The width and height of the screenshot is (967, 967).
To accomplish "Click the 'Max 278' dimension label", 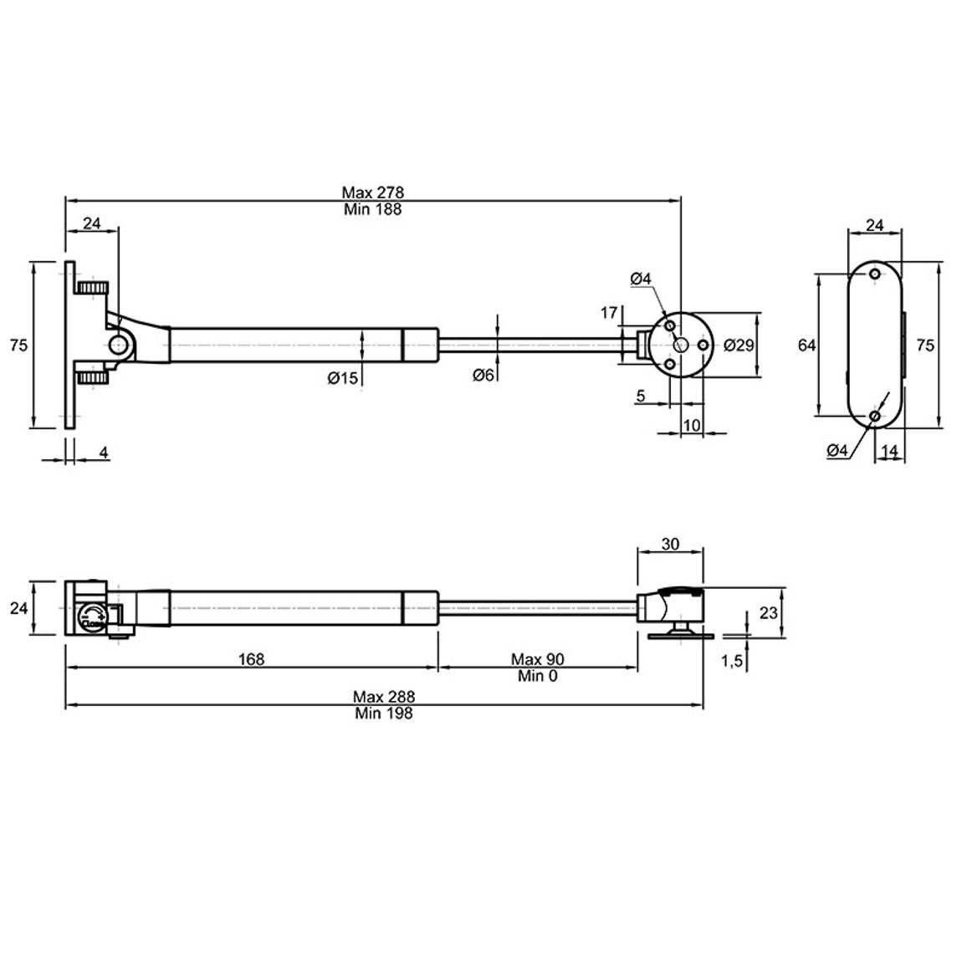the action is tap(372, 192).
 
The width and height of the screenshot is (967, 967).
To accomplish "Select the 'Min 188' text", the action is tap(372, 209).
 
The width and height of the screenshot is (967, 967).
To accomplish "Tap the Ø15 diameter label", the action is tap(342, 377).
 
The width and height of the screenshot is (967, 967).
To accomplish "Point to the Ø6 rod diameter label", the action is tap(483, 375).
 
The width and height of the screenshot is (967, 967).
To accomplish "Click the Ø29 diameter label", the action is tap(739, 345).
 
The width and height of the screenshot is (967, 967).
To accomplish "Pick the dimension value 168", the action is tap(251, 659).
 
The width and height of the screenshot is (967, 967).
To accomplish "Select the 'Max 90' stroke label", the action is tap(537, 659).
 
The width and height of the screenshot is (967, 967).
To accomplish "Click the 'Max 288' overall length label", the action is tap(384, 697).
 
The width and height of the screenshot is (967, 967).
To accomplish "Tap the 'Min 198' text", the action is tap(384, 714).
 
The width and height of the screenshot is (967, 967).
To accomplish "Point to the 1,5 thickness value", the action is tap(732, 662).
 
